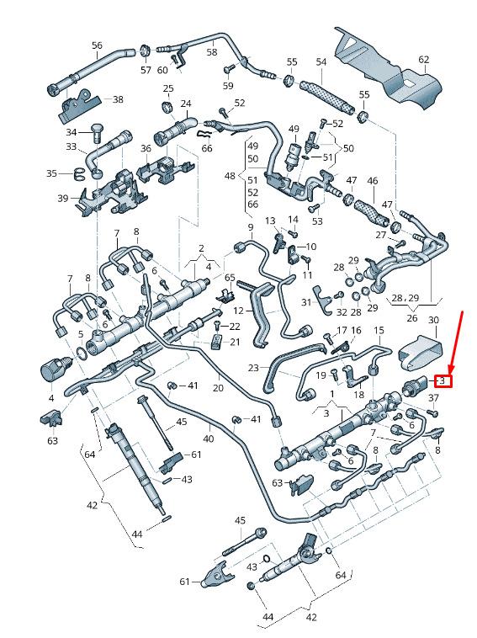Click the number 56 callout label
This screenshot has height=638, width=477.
tap(98, 45)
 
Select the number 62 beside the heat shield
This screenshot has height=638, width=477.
tap(424, 60)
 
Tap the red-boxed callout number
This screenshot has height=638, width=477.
tap(443, 381)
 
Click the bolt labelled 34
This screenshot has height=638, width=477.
tap(97, 132)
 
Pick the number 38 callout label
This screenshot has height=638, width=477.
tap(118, 99)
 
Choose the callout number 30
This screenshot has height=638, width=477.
tap(434, 320)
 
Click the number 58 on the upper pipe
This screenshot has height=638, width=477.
tap(212, 52)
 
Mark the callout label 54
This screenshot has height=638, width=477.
tap(321, 61)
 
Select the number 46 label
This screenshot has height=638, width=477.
tap(373, 181)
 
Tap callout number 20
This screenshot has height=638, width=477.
tap(219, 387)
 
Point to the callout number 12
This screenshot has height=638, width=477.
tap(239, 311)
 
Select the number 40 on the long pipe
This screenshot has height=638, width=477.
tap(208, 439)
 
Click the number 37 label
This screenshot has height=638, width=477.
tap(434, 397)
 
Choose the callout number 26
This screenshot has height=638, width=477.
tap(412, 318)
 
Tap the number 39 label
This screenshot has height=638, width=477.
tap(62, 198)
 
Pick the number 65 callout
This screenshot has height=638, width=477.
tap(230, 278)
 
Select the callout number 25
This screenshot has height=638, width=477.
tap(168, 88)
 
